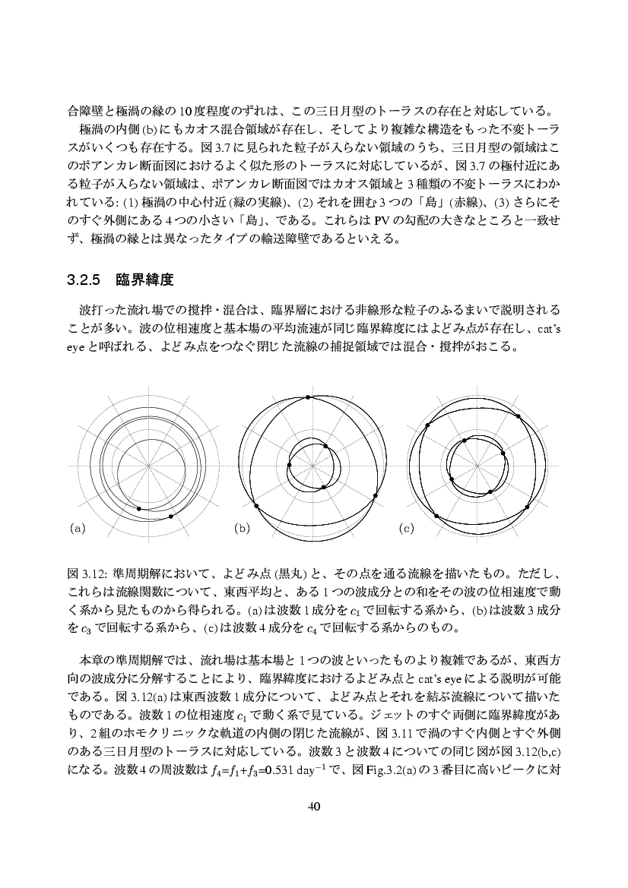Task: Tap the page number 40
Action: point(314,807)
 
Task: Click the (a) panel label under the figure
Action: point(77,527)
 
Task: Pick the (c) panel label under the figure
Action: point(406,527)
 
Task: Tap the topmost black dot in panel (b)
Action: point(307,397)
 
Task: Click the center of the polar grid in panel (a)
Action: point(149,465)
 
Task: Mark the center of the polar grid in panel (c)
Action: point(477,465)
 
